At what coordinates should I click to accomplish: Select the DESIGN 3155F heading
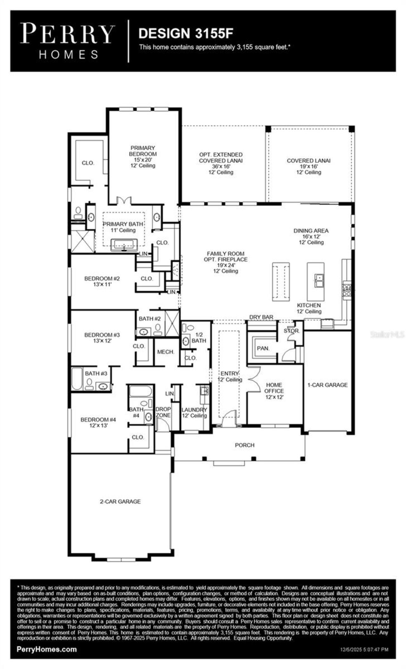tap(186, 33)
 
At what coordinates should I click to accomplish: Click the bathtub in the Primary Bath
tap(124, 245)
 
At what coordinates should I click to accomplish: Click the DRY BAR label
tap(261, 317)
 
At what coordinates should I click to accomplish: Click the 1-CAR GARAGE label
tap(327, 385)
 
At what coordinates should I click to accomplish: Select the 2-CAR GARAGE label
tap(120, 501)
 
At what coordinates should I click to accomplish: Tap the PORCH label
tap(245, 445)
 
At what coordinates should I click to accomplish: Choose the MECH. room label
tap(166, 352)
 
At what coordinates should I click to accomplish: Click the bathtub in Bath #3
tap(77, 379)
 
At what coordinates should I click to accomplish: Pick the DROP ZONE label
tap(163, 412)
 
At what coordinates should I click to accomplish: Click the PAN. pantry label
tap(263, 348)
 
